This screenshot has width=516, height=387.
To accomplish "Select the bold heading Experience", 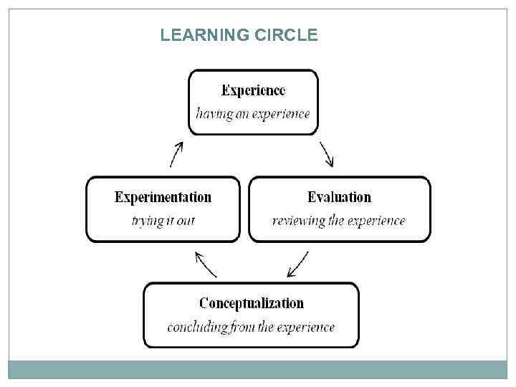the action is point(253,90).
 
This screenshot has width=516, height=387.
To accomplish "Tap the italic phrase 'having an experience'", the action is point(253,113).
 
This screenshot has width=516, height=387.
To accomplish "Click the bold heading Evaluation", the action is point(339,197).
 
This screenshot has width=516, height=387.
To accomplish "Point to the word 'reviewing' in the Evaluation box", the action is point(298,221).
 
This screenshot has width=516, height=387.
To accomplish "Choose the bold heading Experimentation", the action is point(163,197).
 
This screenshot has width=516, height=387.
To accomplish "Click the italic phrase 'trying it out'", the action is point(163,221).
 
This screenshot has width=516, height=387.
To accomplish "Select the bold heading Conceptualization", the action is point(251,303).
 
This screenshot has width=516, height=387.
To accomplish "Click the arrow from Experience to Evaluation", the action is point(327,153).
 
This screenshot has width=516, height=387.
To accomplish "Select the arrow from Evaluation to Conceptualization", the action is point(297,264).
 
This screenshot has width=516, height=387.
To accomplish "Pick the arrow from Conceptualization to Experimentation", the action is point(206,264).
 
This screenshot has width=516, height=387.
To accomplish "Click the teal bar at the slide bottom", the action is point(258,369).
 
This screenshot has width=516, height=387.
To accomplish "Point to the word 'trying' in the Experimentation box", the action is point(148,221).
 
